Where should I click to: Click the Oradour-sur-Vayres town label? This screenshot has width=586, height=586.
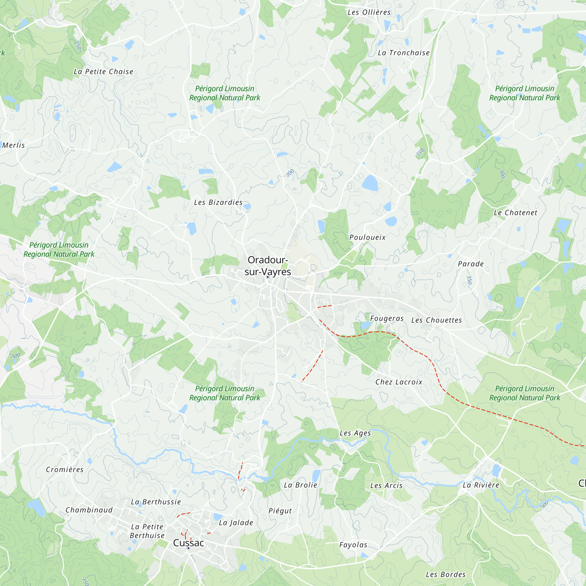point(268,266)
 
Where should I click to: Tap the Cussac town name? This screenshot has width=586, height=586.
point(188,543)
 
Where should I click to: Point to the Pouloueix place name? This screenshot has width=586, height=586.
point(367,237)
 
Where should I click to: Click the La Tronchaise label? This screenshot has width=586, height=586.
point(403,53)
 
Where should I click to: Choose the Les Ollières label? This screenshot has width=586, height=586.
point(369,12)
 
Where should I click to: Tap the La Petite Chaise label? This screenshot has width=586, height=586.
point(103,71)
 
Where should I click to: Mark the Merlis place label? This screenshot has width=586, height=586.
point(14,145)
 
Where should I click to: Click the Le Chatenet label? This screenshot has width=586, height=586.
point(515,213)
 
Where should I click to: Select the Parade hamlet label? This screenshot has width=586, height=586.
point(471,264)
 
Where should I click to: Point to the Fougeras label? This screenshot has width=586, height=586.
point(387,318)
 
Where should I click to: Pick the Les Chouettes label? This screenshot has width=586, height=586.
point(437,320)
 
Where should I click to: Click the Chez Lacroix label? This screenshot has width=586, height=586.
point(398,382)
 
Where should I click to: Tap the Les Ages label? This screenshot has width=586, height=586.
point(355,433)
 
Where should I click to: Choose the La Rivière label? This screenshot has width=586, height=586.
point(481,485)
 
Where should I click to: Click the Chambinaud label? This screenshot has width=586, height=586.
point(89,510)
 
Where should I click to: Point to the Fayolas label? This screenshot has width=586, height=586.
point(353,545)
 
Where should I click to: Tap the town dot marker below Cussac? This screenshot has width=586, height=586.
point(188,548)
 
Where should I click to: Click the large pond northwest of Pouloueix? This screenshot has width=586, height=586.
point(370,183)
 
